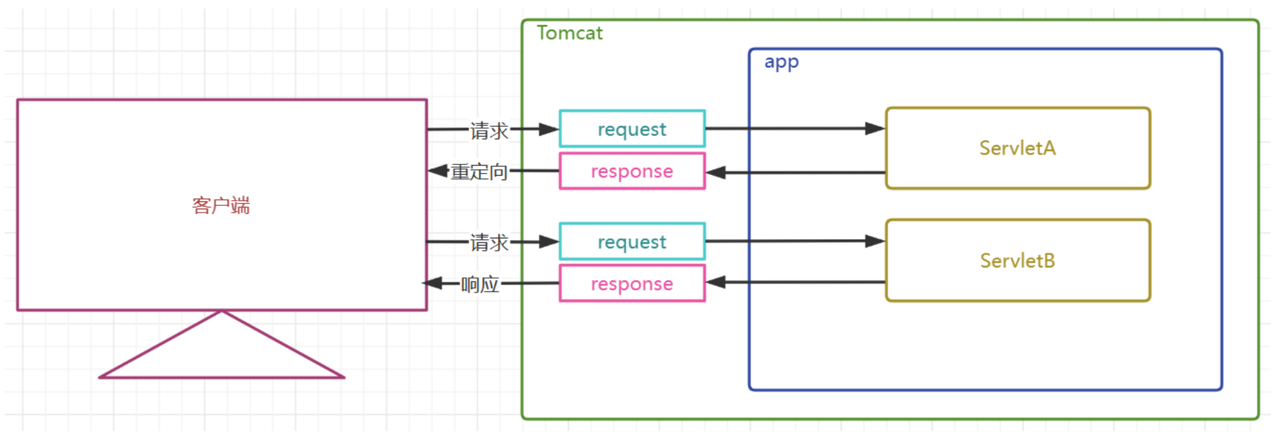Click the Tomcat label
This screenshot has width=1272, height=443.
[570, 33]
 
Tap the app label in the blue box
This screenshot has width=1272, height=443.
[782, 62]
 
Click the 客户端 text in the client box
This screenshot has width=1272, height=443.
[221, 205]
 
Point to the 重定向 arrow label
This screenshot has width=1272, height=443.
[479, 172]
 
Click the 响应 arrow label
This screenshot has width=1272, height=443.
[480, 285]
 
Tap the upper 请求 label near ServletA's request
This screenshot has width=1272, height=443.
[490, 131]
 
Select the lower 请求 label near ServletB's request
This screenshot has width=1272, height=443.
[490, 243]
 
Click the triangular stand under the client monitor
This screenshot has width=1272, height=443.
[222, 376]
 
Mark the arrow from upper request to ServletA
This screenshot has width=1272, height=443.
[796, 128]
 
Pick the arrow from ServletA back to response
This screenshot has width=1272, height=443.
[796, 172]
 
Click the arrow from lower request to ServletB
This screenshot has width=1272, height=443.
[796, 241]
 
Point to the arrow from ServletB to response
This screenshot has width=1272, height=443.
[796, 282]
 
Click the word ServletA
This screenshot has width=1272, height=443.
[1018, 148]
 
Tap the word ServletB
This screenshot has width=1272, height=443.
[1018, 261]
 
